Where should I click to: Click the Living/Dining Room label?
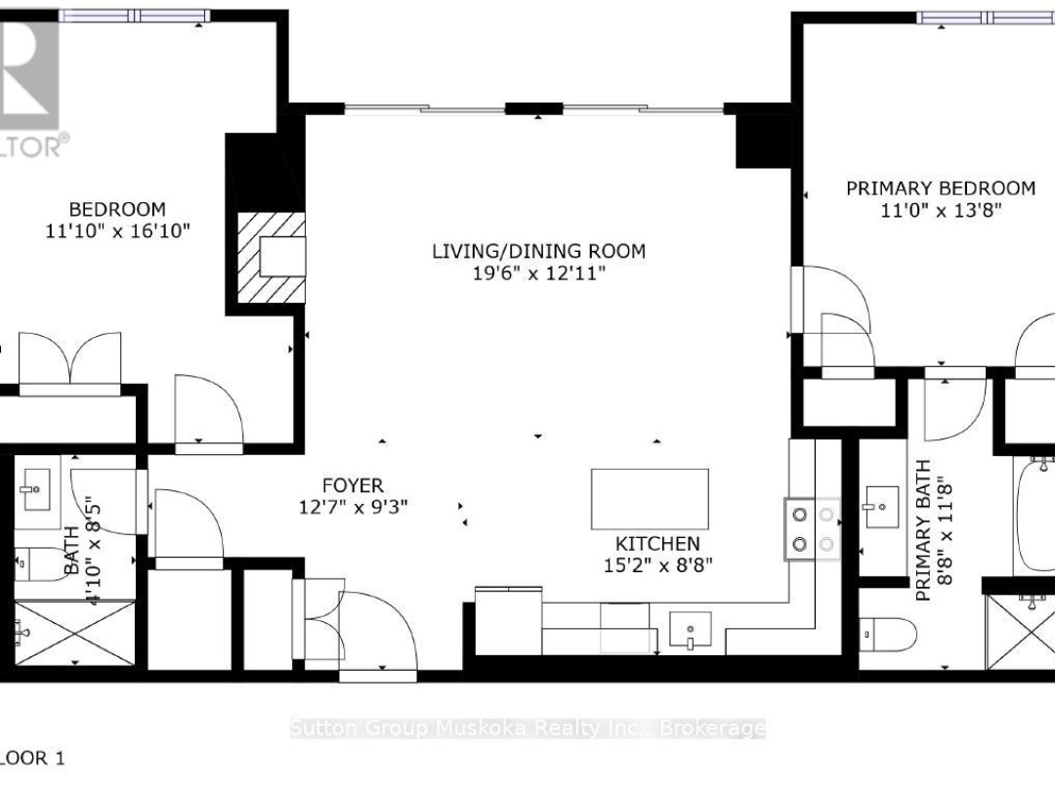pos(538,251)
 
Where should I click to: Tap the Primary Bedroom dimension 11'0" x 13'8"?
pos(940,210)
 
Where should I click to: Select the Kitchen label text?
pos(656,543)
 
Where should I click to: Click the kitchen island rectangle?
pos(650,498)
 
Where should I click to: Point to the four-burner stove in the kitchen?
pos(814,528)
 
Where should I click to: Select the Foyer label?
pos(353,485)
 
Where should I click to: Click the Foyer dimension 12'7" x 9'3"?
pos(353,507)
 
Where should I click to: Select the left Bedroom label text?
pos(116,209)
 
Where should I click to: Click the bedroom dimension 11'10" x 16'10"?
pos(116,231)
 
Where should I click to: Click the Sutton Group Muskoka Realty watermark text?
pos(527,728)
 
